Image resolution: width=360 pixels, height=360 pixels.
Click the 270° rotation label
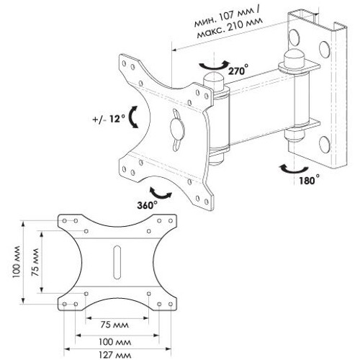click(x=238, y=70)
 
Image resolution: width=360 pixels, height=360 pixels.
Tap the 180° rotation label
click(x=309, y=180)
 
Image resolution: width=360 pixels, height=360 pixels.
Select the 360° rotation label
click(x=147, y=205)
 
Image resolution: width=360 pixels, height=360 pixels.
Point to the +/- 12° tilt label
click(x=109, y=119)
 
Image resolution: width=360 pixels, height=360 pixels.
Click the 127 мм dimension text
click(x=115, y=355)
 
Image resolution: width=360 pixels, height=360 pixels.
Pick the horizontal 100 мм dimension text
click(x=115, y=342)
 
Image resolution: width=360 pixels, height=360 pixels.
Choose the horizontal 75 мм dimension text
click(x=114, y=325)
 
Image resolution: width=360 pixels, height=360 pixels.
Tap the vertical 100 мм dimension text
click(x=17, y=262)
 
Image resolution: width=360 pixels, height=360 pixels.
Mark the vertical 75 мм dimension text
click(x=35, y=262)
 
